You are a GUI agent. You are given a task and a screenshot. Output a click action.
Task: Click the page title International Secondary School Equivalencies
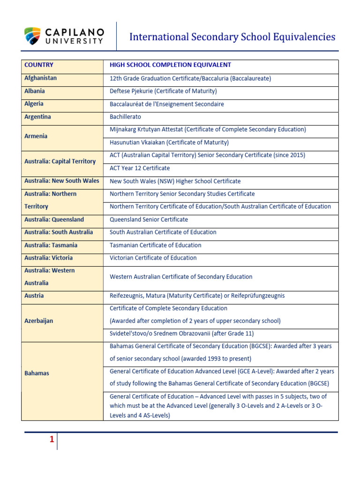coord(232,37)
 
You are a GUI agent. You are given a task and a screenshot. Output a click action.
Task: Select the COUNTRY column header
coord(39,65)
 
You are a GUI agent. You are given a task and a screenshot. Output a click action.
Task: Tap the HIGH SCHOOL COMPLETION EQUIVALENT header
coord(170,65)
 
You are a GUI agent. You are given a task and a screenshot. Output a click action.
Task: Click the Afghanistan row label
coord(40,78)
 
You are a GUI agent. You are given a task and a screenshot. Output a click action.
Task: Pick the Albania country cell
coord(35,91)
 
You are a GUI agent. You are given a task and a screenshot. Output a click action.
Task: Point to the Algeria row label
coord(34,104)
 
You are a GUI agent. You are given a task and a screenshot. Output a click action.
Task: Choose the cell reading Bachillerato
coord(125,117)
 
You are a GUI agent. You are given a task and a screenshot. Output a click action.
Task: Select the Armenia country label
coord(36,136)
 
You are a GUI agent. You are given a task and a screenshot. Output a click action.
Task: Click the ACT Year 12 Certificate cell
coord(140,168)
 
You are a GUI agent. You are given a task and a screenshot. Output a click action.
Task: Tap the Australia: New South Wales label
coord(62,181)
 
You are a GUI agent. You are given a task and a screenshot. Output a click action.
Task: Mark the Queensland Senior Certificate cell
coord(149,219)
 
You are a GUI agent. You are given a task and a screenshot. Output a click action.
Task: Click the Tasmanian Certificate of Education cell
coord(155,245)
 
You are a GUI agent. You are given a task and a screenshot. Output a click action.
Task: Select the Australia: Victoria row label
coord(48,258)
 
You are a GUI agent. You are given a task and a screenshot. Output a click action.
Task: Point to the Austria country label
coord(34,296)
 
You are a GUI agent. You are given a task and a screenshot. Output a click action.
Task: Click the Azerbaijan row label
coord(38,321)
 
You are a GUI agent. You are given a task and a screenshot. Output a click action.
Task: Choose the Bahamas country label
coord(37,374)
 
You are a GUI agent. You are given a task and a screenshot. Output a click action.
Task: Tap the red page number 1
coord(52,440)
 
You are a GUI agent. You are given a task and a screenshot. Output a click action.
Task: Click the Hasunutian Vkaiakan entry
coord(169,142)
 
